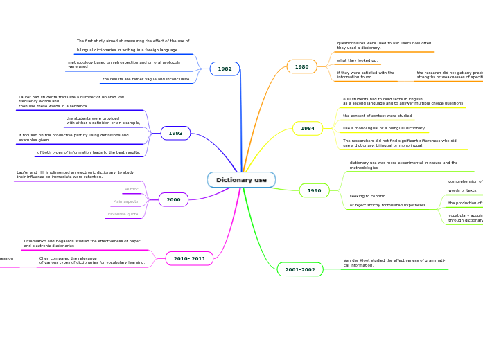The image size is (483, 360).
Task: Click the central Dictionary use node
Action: [241, 180]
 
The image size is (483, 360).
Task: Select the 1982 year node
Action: [225, 69]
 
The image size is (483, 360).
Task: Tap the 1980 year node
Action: [301, 67]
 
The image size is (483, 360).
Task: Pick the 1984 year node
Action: [308, 129]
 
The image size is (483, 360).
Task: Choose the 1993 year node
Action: [175, 134]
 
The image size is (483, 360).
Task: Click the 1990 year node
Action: [314, 191]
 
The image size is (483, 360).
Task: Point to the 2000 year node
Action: [173, 200]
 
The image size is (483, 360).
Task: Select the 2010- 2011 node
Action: [189, 259]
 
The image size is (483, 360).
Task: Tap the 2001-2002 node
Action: [300, 270]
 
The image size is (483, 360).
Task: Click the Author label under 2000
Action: [131, 189]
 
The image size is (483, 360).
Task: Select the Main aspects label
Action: [125, 201]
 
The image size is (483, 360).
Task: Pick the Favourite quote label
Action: [123, 214]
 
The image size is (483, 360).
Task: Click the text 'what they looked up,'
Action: [358, 60]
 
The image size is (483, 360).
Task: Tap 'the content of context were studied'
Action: [377, 116]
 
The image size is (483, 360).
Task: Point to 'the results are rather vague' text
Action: [146, 79]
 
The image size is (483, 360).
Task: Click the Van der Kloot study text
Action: [394, 263]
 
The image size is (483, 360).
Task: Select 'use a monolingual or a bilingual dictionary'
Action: [384, 128]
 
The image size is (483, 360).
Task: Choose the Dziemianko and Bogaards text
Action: [82, 244]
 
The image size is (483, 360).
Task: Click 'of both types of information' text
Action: [89, 152]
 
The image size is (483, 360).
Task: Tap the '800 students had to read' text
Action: [403, 101]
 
